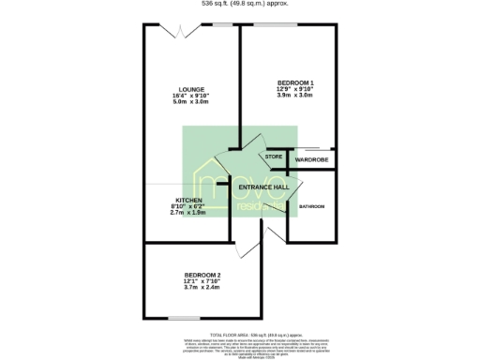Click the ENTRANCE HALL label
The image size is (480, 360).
[263, 187]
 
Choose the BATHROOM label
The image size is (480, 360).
[311, 206]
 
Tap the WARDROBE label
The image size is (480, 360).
[310, 160]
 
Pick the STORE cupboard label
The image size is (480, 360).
[273, 157]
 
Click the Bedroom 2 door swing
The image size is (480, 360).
[249, 246]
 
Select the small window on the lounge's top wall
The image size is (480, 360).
[222, 24]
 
